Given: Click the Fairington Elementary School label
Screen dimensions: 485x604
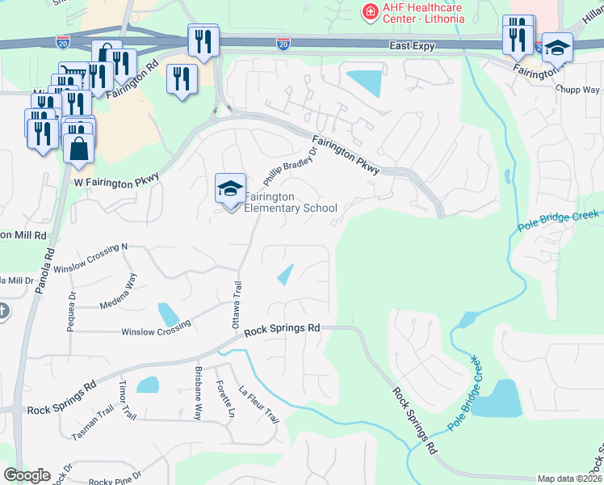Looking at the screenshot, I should (291, 202).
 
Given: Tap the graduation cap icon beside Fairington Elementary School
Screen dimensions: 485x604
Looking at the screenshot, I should (230, 189).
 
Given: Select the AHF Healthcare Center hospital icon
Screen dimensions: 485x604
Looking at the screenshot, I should (369, 11).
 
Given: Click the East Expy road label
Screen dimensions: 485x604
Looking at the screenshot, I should (411, 46).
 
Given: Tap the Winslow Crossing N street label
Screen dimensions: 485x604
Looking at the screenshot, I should (102, 247).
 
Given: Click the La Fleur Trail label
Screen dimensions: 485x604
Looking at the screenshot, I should (259, 405).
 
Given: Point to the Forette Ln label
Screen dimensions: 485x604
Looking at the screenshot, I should (224, 401).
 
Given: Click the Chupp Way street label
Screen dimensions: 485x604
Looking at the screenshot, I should (582, 91).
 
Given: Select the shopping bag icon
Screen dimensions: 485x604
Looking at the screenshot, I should (79, 149).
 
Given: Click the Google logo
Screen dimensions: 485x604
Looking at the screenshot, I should (27, 475).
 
